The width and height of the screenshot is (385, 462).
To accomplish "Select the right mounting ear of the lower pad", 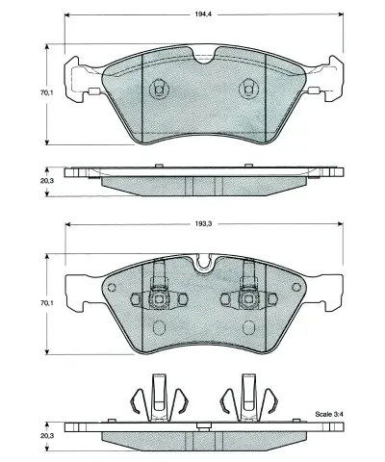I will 331,286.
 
